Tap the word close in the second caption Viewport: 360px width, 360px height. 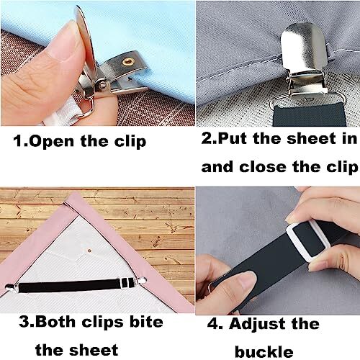[284, 166]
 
